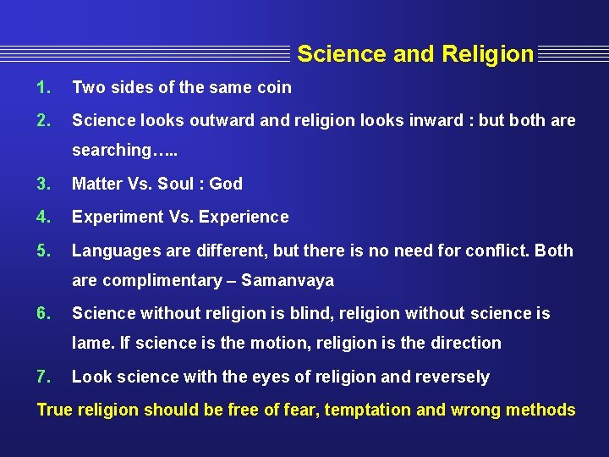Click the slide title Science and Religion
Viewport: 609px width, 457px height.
pyautogui.click(x=415, y=54)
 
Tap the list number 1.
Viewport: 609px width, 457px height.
pyautogui.click(x=44, y=87)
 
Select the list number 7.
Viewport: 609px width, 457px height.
pyautogui.click(x=44, y=377)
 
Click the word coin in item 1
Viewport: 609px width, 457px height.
pyautogui.click(x=274, y=87)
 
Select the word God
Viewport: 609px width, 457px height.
pyautogui.click(x=226, y=184)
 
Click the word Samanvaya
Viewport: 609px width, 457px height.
pyautogui.click(x=288, y=280)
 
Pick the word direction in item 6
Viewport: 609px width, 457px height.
pyautogui.click(x=464, y=343)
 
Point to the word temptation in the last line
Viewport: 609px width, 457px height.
pyautogui.click(x=369, y=410)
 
